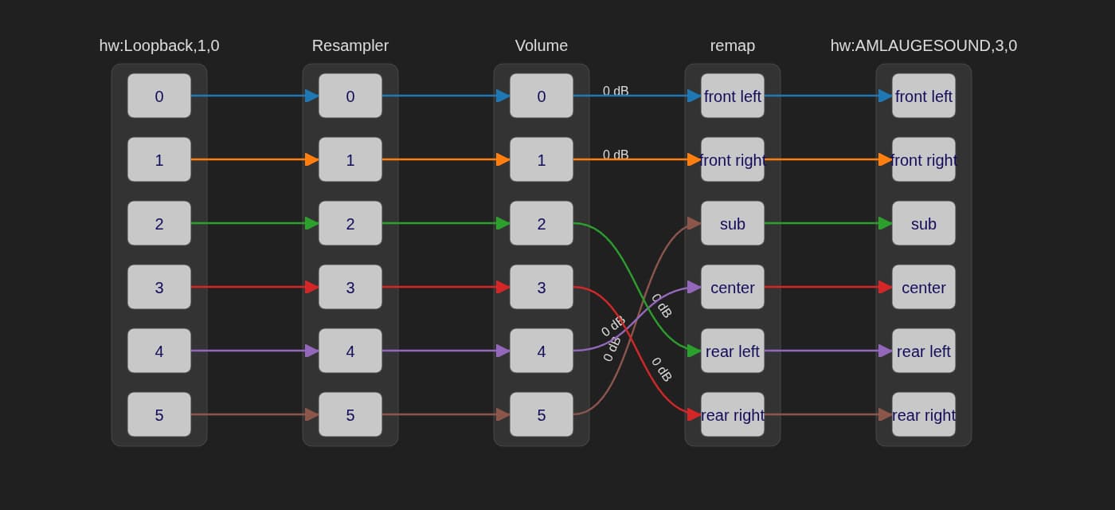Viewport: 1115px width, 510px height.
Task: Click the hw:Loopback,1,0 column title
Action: click(x=159, y=45)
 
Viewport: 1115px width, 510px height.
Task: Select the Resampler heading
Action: click(x=350, y=45)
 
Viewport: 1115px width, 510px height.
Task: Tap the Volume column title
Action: click(x=542, y=45)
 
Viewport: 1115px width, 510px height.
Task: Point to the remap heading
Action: click(x=733, y=45)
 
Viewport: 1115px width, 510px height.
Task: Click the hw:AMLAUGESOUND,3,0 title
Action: click(x=924, y=45)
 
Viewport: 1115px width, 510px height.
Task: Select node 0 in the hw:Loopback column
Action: click(x=159, y=96)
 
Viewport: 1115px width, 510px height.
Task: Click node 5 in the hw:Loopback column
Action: click(x=159, y=414)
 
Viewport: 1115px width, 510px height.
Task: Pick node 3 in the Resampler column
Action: click(x=350, y=287)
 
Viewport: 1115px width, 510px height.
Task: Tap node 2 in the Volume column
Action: click(x=542, y=223)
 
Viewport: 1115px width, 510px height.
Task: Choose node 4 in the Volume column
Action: click(x=542, y=351)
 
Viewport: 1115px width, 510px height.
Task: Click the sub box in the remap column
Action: click(x=733, y=223)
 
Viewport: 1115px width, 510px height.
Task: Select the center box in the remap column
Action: click(x=733, y=287)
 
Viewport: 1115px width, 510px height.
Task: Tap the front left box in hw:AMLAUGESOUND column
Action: click(x=924, y=96)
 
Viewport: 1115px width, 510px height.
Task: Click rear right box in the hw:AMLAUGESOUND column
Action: click(x=924, y=414)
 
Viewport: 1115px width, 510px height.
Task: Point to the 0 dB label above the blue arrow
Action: click(x=616, y=91)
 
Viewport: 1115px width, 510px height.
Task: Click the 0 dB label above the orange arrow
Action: click(x=616, y=155)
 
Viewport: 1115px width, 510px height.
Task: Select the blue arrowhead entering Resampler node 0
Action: click(x=311, y=96)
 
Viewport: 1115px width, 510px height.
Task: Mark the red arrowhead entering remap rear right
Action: click(x=694, y=414)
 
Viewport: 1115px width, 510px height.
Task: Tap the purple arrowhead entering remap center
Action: click(x=694, y=287)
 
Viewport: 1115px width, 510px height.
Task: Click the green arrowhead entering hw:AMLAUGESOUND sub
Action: click(x=885, y=223)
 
